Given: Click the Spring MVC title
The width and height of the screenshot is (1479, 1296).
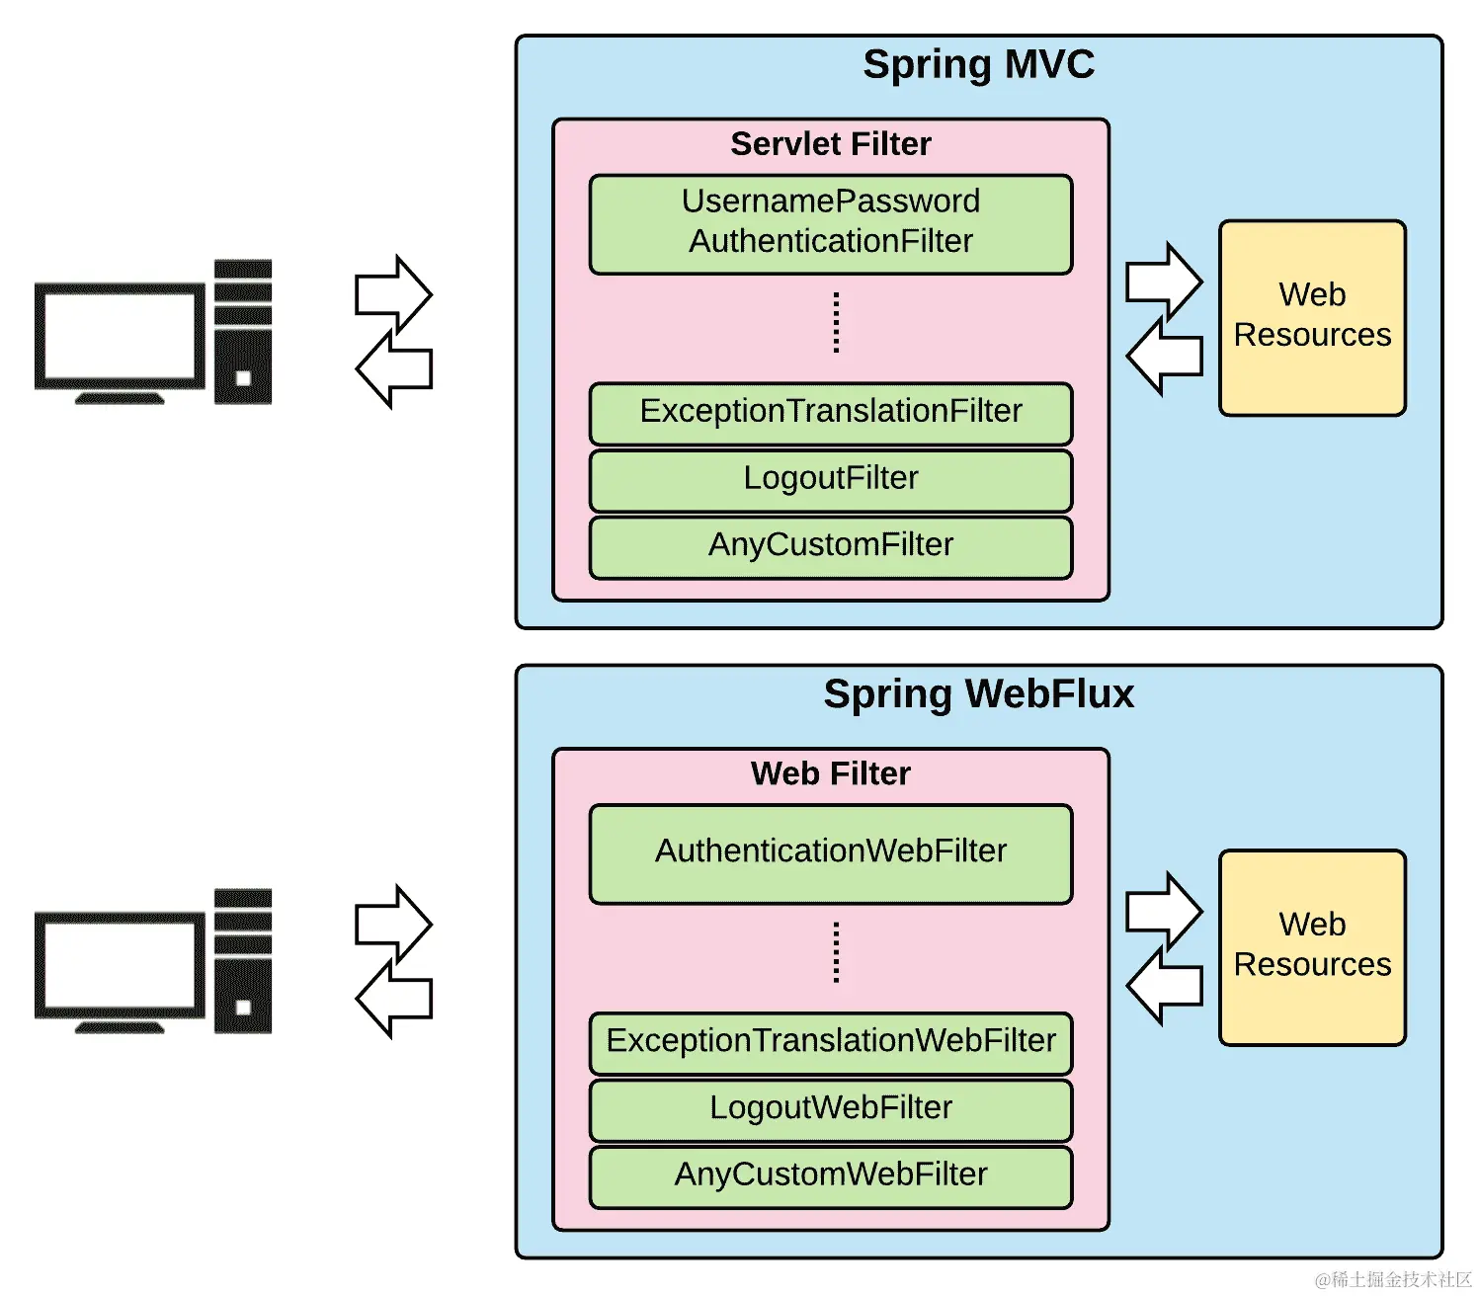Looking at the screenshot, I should click(x=978, y=65).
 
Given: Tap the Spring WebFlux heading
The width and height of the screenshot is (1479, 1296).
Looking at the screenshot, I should click(x=978, y=694).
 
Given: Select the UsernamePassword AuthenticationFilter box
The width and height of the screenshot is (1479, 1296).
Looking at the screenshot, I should click(x=830, y=223).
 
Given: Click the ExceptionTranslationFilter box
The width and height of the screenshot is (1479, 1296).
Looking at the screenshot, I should click(x=830, y=413).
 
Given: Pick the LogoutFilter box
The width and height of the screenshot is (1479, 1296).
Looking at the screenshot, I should click(x=830, y=480).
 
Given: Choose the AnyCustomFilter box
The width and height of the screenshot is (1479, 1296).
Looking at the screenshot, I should click(x=830, y=546).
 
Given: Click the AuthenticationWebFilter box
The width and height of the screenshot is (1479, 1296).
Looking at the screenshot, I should click(x=830, y=852).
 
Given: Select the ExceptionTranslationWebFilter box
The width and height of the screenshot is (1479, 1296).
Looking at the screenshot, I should click(x=830, y=1042).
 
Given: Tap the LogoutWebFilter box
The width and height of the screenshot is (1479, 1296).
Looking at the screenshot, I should click(x=830, y=1109).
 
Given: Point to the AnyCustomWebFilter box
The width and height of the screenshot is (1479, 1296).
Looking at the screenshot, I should click(x=830, y=1175).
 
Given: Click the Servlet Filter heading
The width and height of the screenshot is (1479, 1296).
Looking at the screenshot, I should click(x=830, y=144).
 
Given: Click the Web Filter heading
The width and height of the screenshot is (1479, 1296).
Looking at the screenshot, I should click(x=830, y=773).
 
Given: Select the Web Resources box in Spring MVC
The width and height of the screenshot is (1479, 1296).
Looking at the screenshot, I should click(x=1312, y=316).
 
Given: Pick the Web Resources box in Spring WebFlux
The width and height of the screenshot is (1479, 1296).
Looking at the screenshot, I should click(x=1312, y=945).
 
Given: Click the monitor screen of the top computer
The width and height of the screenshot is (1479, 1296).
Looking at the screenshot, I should click(x=120, y=335).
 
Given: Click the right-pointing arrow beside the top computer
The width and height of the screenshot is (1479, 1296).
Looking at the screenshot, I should click(x=392, y=293).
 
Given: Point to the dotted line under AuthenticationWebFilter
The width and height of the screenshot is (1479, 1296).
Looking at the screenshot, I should click(x=836, y=952).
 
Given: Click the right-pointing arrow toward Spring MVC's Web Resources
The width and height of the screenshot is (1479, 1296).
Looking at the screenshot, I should click(x=1163, y=281).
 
